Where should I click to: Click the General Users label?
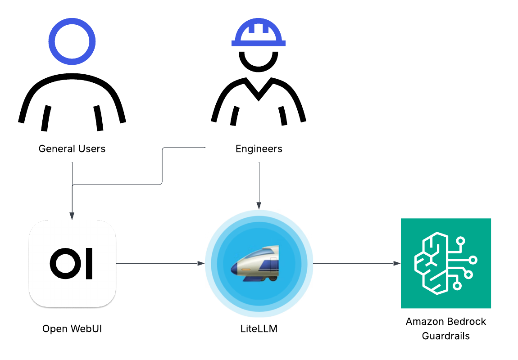pyautogui.click(x=72, y=149)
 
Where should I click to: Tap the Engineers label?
pyautogui.click(x=259, y=149)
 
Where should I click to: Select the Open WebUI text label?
pyautogui.click(x=72, y=329)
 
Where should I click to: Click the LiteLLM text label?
pyautogui.click(x=259, y=329)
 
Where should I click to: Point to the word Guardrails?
pyautogui.click(x=445, y=336)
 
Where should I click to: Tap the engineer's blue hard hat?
pyautogui.click(x=259, y=34)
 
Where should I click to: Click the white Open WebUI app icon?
pyautogui.click(x=72, y=263)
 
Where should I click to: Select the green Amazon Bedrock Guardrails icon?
pyautogui.click(x=445, y=263)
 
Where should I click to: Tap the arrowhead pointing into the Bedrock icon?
pyautogui.click(x=397, y=263)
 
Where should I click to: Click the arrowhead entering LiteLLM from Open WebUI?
pyautogui.click(x=201, y=263)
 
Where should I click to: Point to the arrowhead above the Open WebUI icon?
pyautogui.click(x=72, y=216)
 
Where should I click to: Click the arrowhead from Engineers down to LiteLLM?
pyautogui.click(x=259, y=205)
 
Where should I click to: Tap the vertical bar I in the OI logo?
pyautogui.click(x=89, y=263)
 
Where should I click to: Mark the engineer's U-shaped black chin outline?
pyautogui.click(x=259, y=63)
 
